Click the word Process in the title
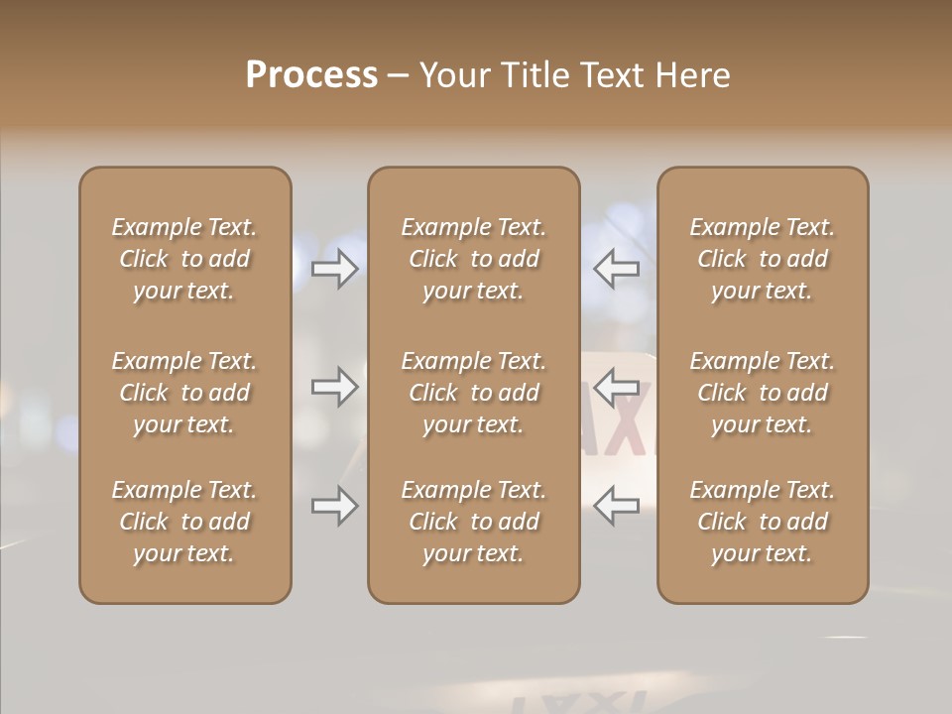click(x=311, y=74)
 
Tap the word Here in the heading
click(x=690, y=74)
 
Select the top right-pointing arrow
click(x=335, y=268)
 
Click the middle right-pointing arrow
click(x=335, y=387)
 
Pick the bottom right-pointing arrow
click(x=335, y=507)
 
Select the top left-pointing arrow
click(x=616, y=268)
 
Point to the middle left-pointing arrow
click(x=616, y=387)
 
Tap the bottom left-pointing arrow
click(x=616, y=507)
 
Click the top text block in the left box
click(x=184, y=259)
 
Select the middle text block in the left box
click(x=184, y=393)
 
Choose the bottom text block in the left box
click(x=184, y=522)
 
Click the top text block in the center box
click(x=473, y=259)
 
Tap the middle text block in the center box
click(x=473, y=393)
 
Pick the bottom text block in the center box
click(x=473, y=522)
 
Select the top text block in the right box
click(x=762, y=259)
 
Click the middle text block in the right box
click(x=762, y=393)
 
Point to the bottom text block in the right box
click(x=762, y=522)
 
